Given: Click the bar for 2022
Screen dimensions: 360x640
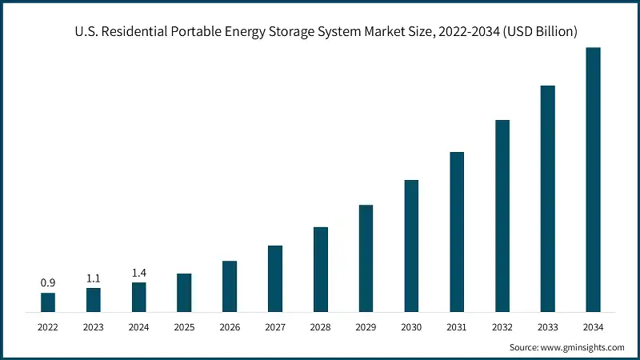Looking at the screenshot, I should tap(48, 302).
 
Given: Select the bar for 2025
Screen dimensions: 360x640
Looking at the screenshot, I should tap(184, 292).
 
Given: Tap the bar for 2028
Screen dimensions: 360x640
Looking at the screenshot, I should tap(320, 269).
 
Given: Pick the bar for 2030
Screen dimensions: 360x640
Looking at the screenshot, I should tap(411, 245).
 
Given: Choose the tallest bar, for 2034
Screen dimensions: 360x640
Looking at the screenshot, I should tap(593, 179).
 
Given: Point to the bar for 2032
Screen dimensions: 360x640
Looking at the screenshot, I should tap(502, 215).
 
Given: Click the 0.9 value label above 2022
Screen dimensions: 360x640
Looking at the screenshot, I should tap(48, 282).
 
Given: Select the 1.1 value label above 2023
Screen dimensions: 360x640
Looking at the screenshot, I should tap(94, 278).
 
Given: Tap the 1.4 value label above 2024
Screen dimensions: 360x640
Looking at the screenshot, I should tap(138, 273).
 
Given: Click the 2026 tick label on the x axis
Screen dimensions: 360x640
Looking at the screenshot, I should tap(230, 326).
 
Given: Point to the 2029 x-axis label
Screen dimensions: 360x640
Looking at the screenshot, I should tap(366, 326).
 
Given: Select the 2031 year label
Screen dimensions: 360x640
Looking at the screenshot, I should tap(457, 326).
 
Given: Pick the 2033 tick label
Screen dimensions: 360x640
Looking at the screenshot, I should tap(547, 326).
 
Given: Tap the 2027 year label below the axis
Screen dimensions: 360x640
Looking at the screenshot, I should tap(275, 326).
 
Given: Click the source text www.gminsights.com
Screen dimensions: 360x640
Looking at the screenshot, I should tap(583, 347).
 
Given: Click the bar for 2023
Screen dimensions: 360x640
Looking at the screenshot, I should tap(94, 299).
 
